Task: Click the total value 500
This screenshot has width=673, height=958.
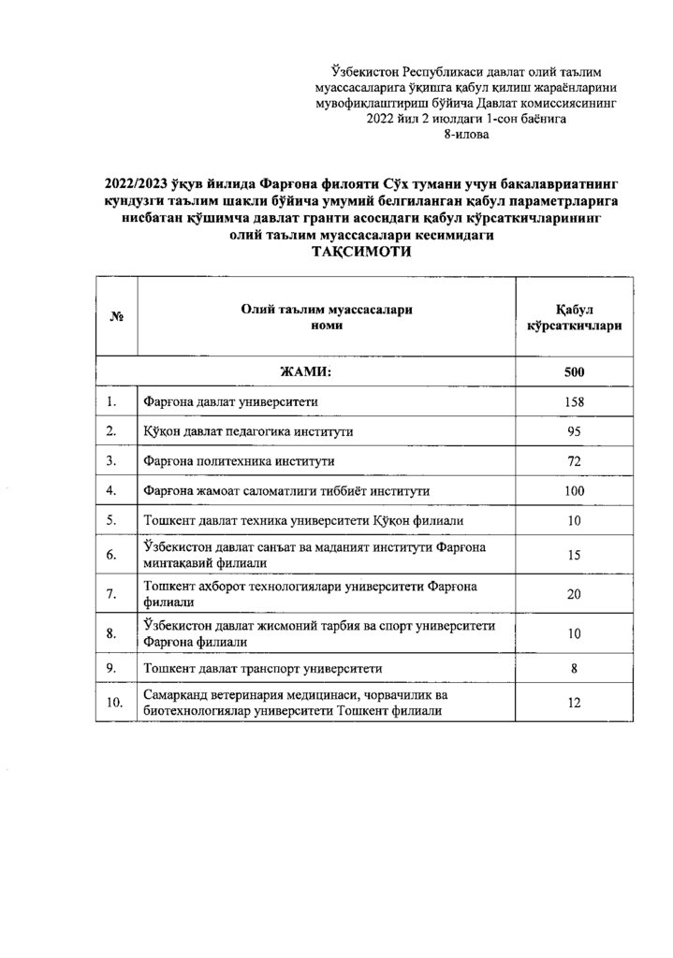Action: [574, 373]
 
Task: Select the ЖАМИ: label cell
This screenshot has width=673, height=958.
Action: [306, 373]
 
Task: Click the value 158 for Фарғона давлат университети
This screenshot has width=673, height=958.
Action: [574, 402]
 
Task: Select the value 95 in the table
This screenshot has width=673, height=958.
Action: [574, 431]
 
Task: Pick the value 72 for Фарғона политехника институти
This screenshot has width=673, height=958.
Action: [574, 461]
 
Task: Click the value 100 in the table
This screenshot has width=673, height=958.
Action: [574, 490]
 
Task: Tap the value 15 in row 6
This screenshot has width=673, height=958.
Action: [574, 555]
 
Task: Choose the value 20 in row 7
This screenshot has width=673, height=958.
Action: [574, 593]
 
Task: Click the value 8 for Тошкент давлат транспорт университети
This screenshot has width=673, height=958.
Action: [574, 668]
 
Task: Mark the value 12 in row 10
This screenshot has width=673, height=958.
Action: [574, 703]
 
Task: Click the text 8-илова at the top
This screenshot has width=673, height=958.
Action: [464, 134]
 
